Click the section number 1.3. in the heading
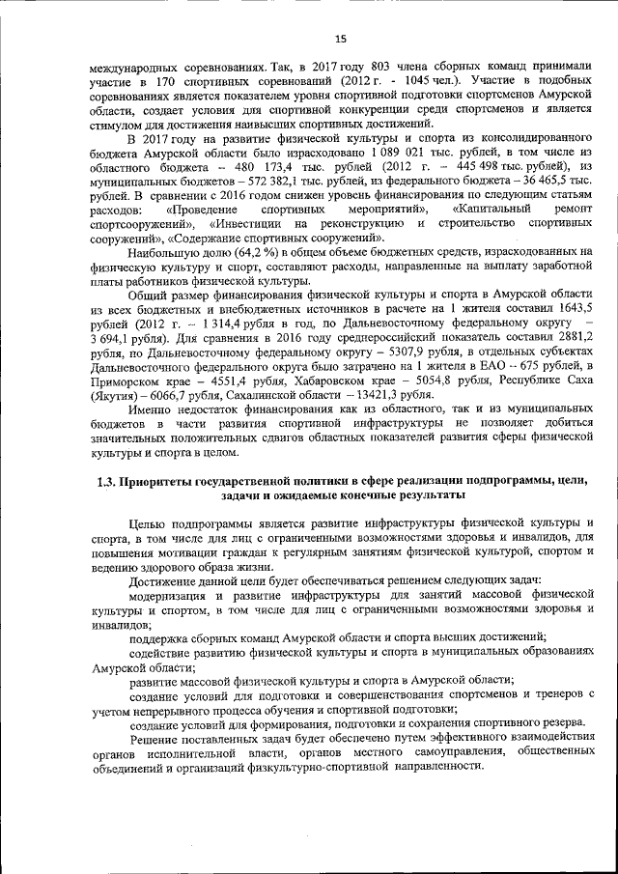click(x=108, y=480)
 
